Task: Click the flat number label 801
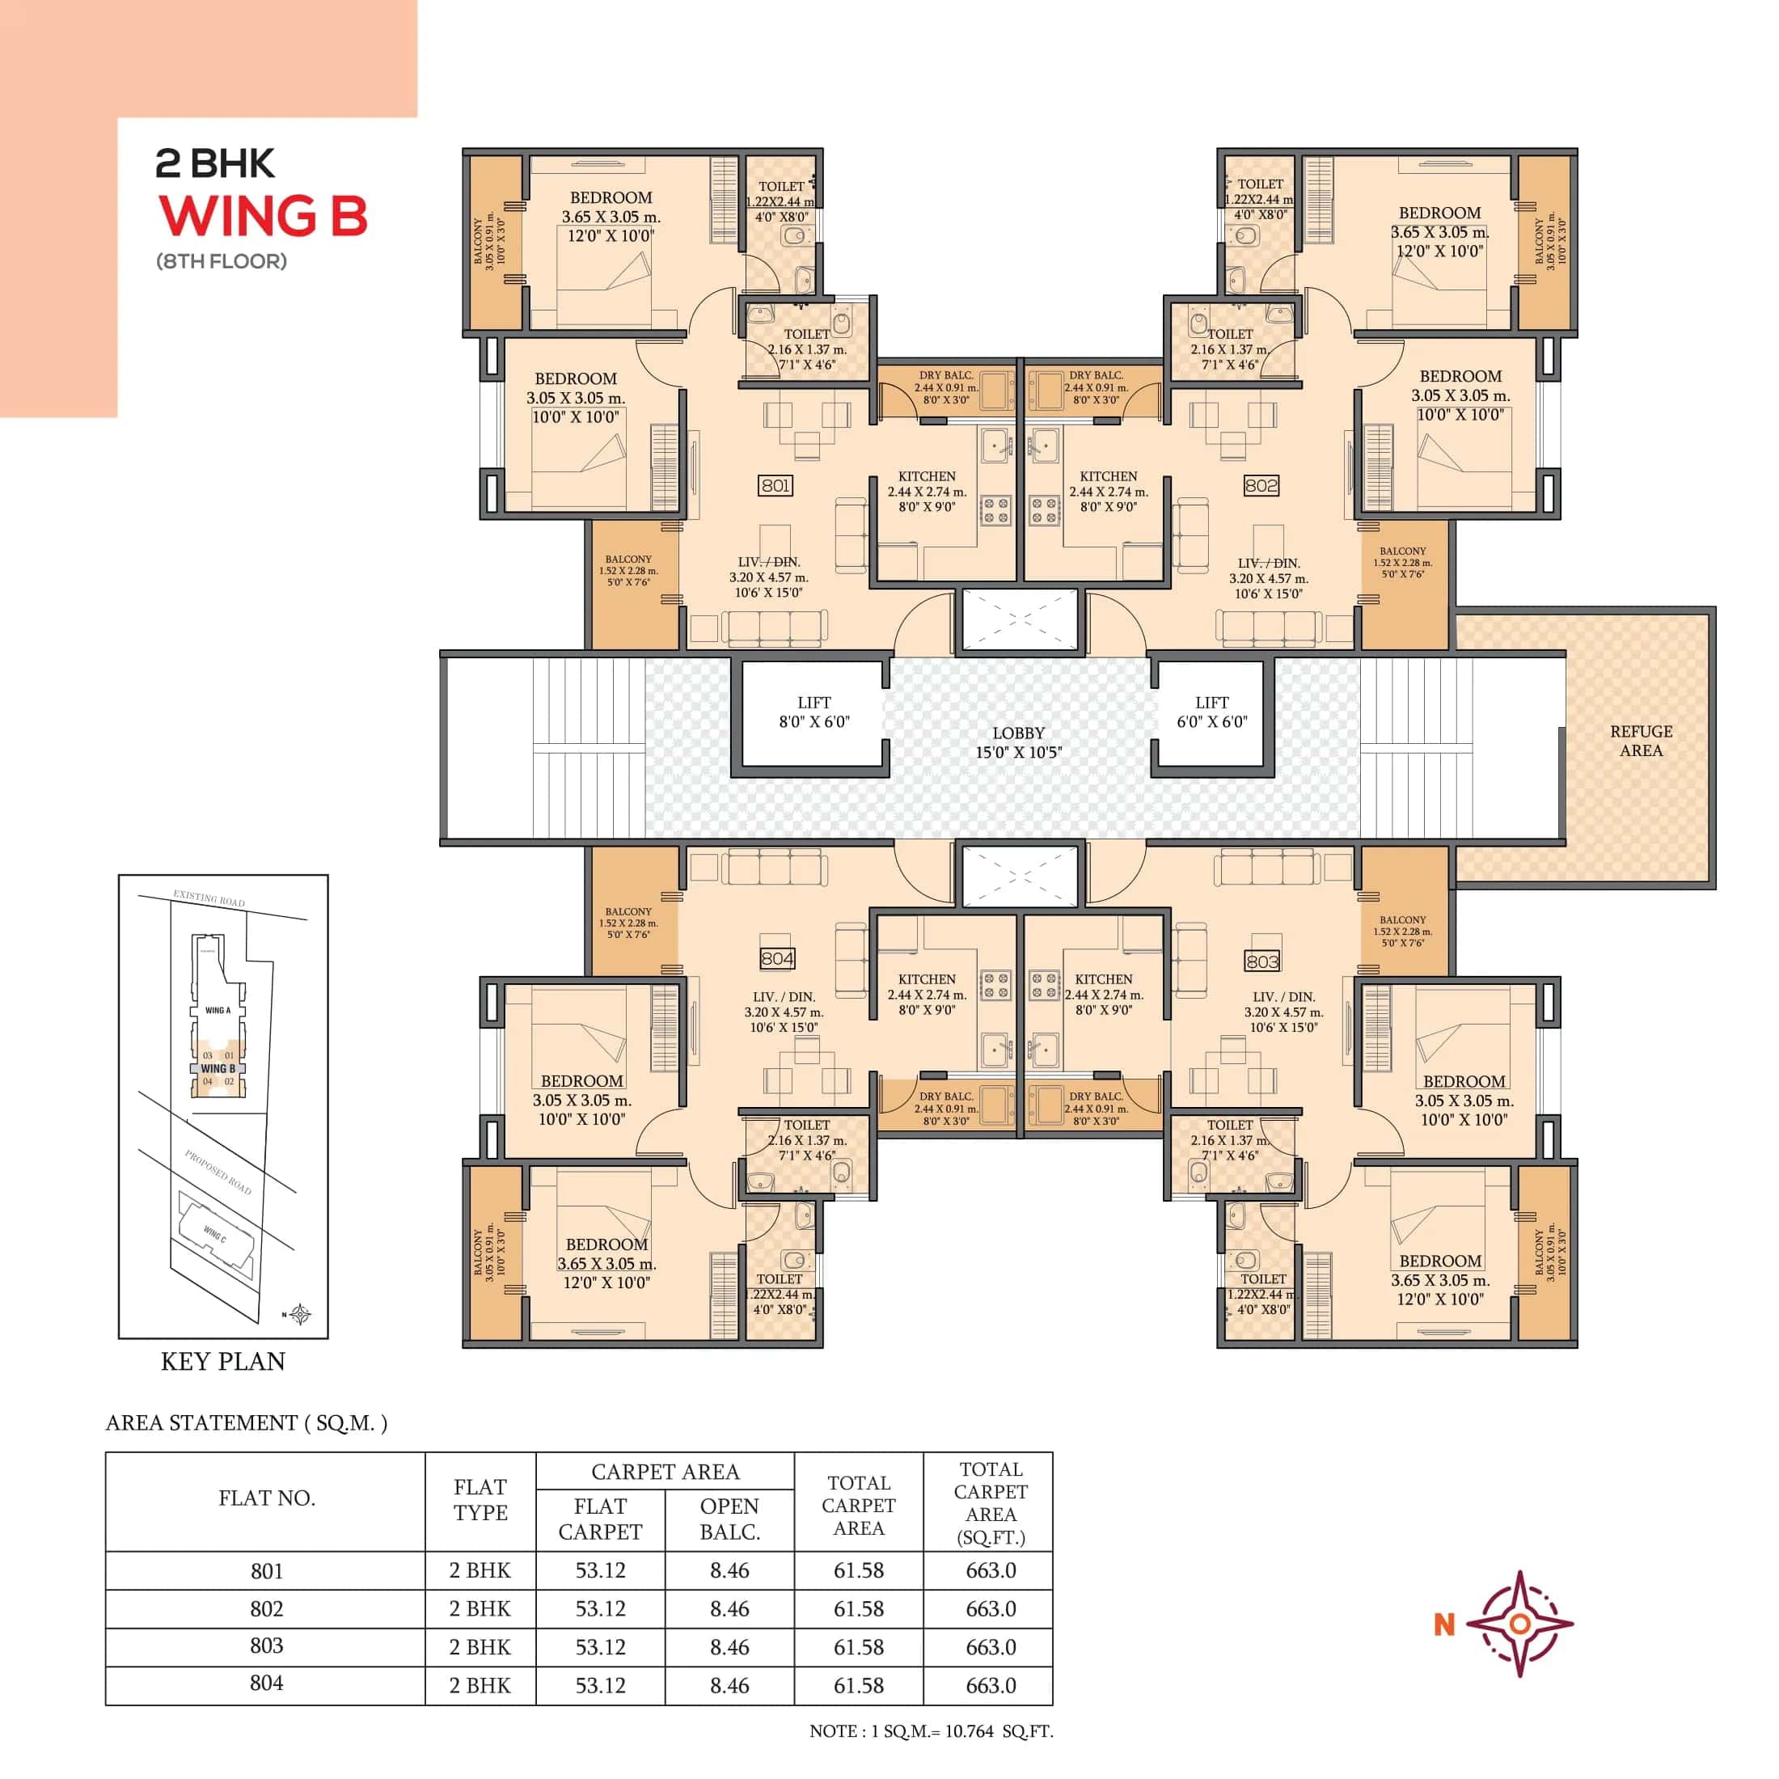[775, 485]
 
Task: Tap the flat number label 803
[1261, 961]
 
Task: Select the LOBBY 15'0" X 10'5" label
[1018, 742]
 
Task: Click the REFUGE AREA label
[1641, 741]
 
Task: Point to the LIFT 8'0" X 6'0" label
[814, 712]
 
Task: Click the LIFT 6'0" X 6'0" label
[1212, 712]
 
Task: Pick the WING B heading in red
[264, 218]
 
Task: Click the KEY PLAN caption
[223, 1362]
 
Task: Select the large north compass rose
[1519, 1625]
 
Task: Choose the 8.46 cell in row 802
[729, 1608]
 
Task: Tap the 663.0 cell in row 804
[991, 1685]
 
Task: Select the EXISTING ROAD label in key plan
[209, 898]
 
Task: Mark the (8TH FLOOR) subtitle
[221, 261]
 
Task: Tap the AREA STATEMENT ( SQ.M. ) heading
[246, 1422]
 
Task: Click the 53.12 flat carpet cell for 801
[600, 1570]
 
